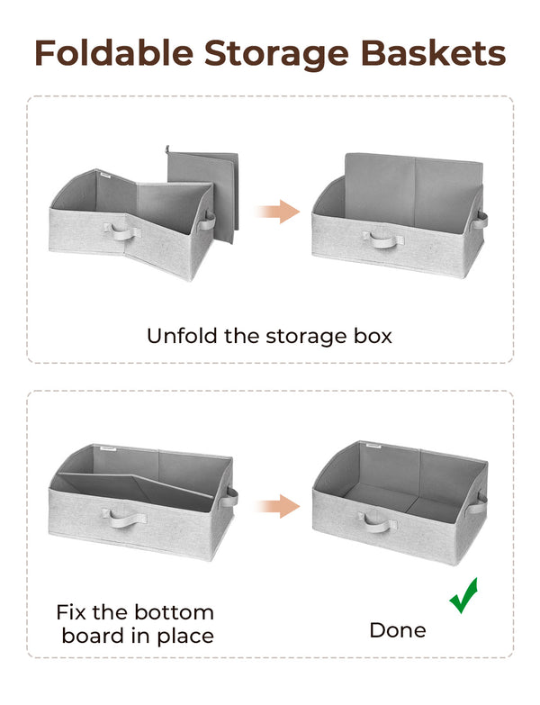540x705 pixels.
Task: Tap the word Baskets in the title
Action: [436, 53]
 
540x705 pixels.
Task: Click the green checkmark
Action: [464, 596]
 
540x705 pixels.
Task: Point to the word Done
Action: [398, 630]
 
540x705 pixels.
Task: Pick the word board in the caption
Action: [94, 636]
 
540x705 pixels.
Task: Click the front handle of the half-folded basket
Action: [126, 233]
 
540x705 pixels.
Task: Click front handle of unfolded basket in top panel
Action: [381, 239]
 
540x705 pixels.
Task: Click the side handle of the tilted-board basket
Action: [230, 496]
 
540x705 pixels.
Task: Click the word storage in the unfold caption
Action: [306, 336]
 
